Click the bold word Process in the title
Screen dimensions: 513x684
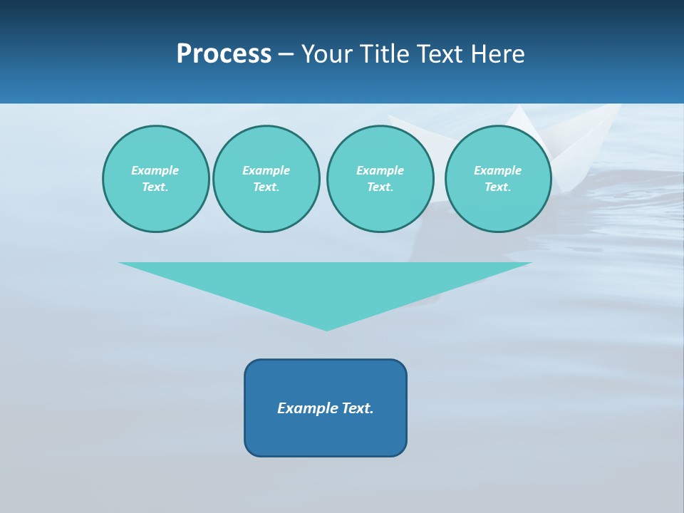pos(224,54)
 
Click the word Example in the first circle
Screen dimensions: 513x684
pos(155,170)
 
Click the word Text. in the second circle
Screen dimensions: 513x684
pos(266,187)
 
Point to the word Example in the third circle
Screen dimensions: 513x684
pos(380,170)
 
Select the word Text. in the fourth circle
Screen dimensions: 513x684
pos(498,187)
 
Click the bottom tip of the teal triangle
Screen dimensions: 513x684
pos(326,329)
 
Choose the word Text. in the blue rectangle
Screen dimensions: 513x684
pos(358,408)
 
